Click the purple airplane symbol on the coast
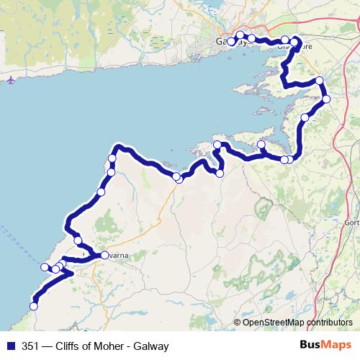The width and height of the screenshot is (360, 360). tap(9, 80)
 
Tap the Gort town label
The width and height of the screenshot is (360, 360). tap(352, 222)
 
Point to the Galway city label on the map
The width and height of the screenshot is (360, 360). tap(231, 42)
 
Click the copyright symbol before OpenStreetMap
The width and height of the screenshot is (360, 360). tap(238, 322)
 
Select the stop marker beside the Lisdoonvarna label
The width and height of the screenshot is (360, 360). tap(104, 255)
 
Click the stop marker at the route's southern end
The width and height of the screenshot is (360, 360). tap(33, 307)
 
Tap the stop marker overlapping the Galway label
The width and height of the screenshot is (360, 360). tap(231, 42)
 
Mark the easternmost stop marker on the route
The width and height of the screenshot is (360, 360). tap(326, 99)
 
